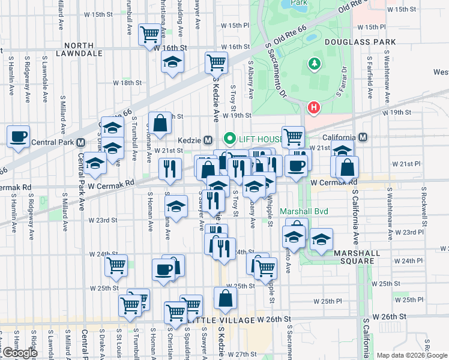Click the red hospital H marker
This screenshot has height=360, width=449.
313,109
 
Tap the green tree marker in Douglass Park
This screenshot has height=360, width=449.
313,64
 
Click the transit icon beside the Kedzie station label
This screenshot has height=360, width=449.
208,139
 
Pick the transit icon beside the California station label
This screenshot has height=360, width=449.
363,137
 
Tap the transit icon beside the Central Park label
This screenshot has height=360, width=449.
80,142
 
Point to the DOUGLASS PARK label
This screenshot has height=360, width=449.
360,42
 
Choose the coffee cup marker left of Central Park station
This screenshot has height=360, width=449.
18,137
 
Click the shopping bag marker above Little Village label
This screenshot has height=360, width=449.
225,299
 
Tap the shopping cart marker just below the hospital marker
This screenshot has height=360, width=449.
293,137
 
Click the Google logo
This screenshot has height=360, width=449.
19,353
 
